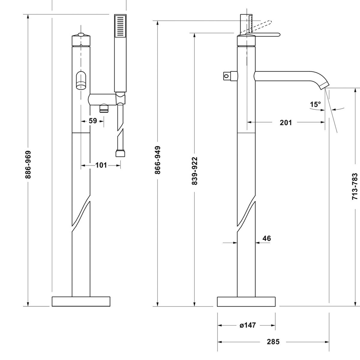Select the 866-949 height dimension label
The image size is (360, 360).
158,160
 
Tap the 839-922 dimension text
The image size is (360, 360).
194,171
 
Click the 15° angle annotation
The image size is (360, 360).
315,104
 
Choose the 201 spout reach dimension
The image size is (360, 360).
286,122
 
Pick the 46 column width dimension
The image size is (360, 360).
266,238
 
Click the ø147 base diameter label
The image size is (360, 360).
247,325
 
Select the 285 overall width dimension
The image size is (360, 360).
273,342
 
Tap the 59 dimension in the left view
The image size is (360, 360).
93,121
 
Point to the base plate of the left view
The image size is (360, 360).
81,301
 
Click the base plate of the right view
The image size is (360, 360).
246,302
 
